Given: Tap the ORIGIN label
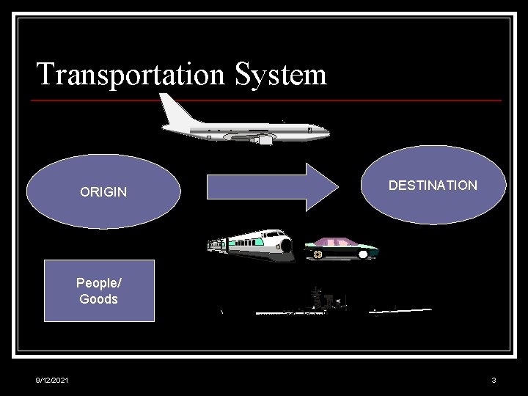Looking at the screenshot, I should point(103,192).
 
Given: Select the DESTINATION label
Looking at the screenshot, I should point(433,186).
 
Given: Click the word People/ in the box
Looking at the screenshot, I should point(98,283).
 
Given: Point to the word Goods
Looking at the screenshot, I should point(98,298).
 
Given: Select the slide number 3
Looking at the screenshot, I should point(494,380).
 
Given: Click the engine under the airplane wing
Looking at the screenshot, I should point(263,139).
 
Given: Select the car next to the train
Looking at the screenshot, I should point(340,248).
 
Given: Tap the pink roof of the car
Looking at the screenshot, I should point(336,241).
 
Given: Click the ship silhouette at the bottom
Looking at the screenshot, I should point(323,303).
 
